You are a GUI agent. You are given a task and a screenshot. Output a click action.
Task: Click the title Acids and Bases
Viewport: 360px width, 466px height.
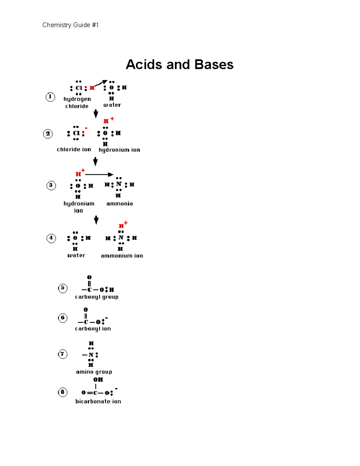tap(179, 65)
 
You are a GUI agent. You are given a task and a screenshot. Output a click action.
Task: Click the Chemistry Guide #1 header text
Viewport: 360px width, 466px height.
tap(70, 25)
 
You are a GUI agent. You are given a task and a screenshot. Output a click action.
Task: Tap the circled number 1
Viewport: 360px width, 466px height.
tap(50, 97)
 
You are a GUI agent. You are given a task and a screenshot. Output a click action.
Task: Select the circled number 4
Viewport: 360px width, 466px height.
tap(51, 238)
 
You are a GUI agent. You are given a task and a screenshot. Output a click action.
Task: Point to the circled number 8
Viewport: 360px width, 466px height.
tap(62, 392)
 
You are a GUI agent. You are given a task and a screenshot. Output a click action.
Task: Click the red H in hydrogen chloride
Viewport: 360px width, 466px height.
tap(92, 88)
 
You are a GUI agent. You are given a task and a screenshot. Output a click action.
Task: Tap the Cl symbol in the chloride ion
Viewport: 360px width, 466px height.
tap(76, 133)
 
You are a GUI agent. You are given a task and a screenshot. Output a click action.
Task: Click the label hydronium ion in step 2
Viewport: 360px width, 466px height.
tap(119, 150)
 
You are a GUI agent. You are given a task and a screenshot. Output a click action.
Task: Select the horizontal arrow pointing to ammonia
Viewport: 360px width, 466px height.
tap(99, 174)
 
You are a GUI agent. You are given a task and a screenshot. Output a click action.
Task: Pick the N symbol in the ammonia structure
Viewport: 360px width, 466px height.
tap(118, 184)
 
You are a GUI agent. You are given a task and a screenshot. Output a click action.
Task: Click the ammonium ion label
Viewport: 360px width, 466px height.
tap(122, 256)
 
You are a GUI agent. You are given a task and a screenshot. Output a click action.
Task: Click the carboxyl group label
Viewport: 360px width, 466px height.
tap(97, 297)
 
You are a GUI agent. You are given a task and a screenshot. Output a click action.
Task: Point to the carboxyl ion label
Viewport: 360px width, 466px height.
tap(93, 329)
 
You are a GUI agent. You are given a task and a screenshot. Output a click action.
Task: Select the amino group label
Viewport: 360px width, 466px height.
tap(94, 372)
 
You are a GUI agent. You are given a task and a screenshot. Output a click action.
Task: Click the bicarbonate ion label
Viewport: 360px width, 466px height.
tap(98, 401)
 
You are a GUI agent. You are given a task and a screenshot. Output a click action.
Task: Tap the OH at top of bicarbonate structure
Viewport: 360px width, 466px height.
tap(98, 380)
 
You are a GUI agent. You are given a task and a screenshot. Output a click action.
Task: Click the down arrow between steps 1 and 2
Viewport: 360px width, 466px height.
tap(96, 113)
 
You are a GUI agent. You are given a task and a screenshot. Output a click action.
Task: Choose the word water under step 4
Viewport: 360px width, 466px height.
tap(76, 255)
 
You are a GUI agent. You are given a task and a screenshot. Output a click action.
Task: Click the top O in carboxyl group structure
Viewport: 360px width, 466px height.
tap(89, 277)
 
